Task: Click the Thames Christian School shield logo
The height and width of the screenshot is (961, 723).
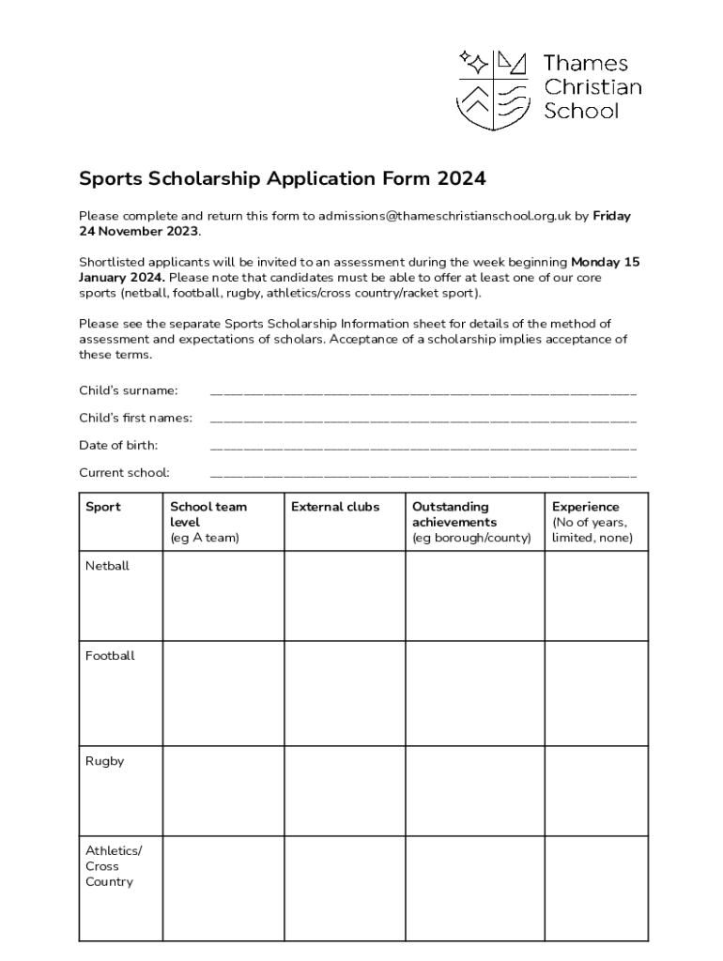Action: click(x=493, y=90)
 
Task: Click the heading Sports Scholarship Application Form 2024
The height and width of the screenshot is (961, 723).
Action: click(x=282, y=178)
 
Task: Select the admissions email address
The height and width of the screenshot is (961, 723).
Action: click(x=444, y=216)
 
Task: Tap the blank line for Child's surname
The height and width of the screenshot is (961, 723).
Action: click(x=423, y=391)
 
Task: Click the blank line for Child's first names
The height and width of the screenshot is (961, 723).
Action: click(x=423, y=419)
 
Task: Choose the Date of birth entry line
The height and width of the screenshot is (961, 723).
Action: click(x=423, y=446)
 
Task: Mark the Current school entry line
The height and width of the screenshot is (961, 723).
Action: click(x=423, y=473)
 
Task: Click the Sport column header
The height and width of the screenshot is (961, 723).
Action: click(x=103, y=507)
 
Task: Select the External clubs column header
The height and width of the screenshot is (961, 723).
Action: click(x=335, y=507)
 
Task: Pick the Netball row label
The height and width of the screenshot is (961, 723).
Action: click(x=107, y=566)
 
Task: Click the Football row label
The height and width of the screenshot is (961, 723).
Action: click(x=110, y=656)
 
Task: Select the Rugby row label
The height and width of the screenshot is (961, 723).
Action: click(x=104, y=761)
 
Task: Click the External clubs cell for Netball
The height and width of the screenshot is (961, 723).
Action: click(x=345, y=596)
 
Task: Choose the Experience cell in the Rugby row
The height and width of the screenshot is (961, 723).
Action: click(x=596, y=790)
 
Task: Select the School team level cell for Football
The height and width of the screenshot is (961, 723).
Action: click(x=223, y=693)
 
